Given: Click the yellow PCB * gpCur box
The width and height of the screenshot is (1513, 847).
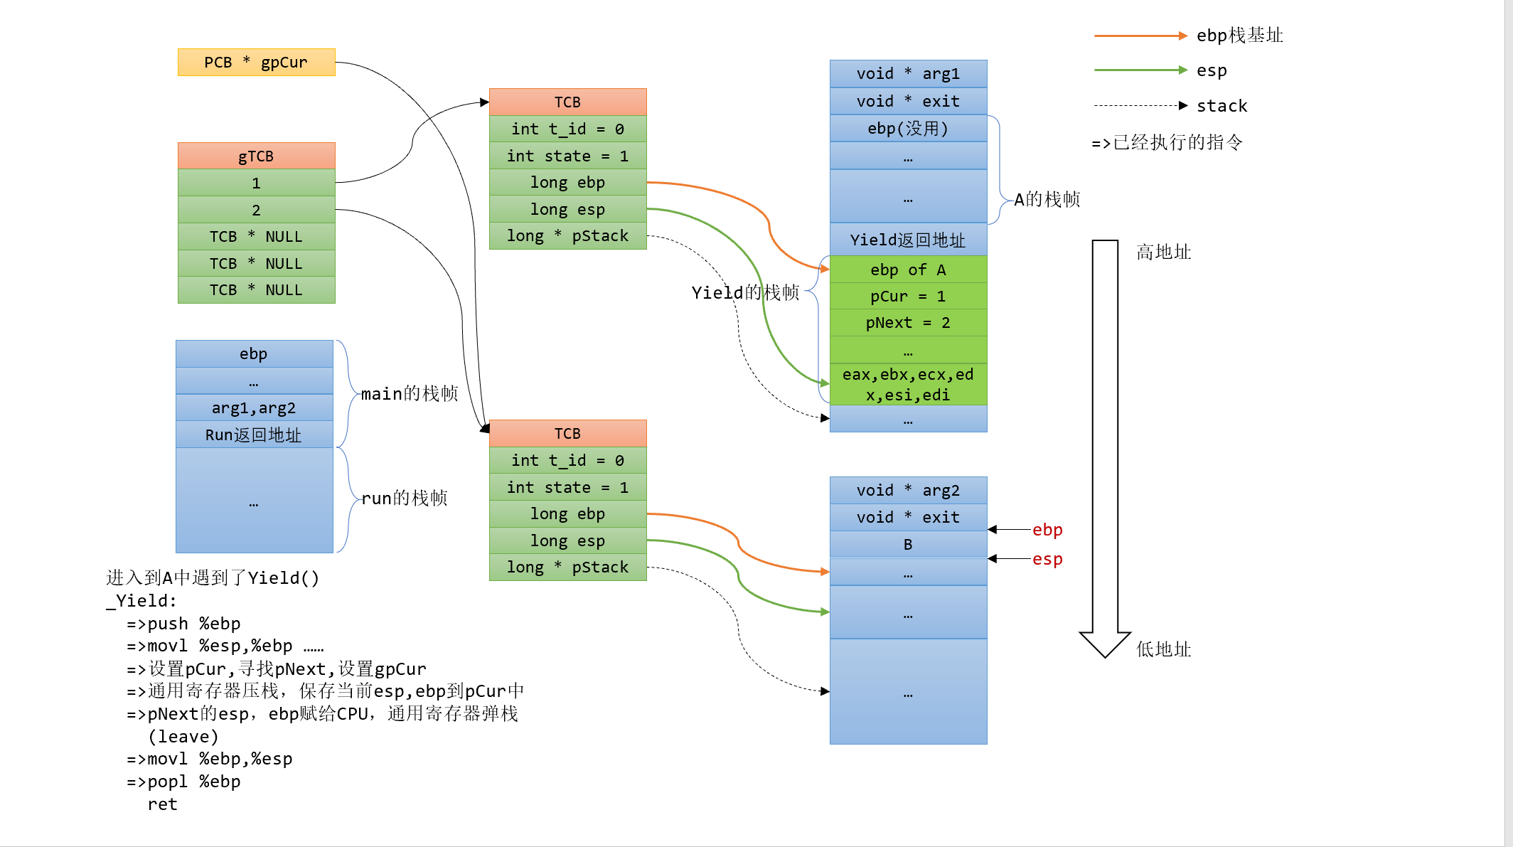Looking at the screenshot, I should click(x=256, y=63).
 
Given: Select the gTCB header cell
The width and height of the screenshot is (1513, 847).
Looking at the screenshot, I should click(x=256, y=156).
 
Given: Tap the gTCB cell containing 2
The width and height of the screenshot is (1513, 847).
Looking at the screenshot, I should click(x=256, y=210).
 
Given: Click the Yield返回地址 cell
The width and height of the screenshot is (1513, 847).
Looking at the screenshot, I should click(x=908, y=240).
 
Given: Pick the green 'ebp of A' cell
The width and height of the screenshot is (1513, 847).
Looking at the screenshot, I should click(x=908, y=270).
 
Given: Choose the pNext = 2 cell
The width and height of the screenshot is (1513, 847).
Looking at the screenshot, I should click(x=908, y=323).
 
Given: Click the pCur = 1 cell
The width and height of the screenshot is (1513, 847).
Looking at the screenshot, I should click(x=908, y=296).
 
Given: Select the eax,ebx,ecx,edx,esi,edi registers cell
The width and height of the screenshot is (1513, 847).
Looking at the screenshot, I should click(x=908, y=385).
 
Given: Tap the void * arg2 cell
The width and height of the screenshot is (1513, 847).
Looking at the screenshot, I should click(x=908, y=491).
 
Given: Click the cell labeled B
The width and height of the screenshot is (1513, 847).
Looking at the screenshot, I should click(x=908, y=545).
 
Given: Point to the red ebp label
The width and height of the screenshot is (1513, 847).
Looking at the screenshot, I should click(x=1047, y=530).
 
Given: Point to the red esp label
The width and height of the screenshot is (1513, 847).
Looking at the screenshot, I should click(x=1047, y=559).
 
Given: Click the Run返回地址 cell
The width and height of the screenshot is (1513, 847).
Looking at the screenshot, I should click(x=254, y=435).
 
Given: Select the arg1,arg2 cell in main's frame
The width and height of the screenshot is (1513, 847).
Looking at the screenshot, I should click(x=254, y=408).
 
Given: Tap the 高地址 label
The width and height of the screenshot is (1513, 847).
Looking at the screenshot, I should click(x=1163, y=252).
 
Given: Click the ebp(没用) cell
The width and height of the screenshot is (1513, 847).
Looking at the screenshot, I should click(x=908, y=129).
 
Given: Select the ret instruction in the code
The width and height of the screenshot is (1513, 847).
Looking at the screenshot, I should click(x=162, y=804).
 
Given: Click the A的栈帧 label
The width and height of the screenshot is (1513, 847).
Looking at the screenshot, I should click(x=1047, y=200).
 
